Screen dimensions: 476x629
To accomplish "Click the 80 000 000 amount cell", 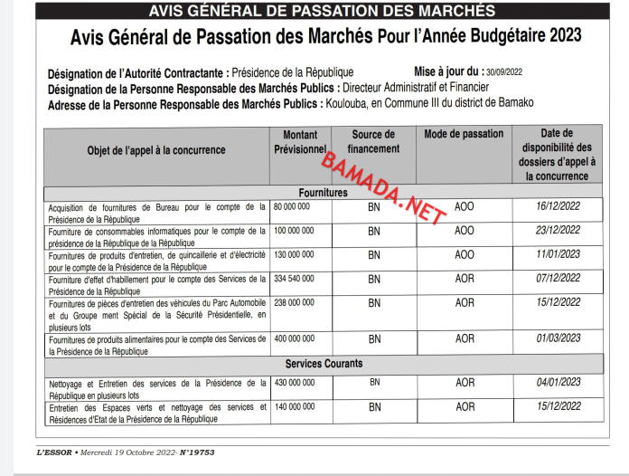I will (x=292, y=207).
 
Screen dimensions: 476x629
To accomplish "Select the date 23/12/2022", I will (x=558, y=231).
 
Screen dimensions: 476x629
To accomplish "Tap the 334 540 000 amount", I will (x=295, y=280).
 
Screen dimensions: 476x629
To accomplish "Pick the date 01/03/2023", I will (x=558, y=338).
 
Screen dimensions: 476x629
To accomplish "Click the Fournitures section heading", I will (x=323, y=193).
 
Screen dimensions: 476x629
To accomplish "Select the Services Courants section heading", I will (x=323, y=364).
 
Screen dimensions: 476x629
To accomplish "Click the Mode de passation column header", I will (x=464, y=134).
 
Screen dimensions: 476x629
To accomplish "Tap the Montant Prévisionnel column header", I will (x=299, y=140).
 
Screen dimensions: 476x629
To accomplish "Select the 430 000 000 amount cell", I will (x=295, y=383).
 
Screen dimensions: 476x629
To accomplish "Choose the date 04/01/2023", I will (x=558, y=383).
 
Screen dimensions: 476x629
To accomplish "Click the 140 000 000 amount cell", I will (x=295, y=406).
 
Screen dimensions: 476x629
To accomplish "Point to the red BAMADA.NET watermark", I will (x=384, y=189).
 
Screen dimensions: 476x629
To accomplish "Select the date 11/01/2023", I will (x=558, y=255).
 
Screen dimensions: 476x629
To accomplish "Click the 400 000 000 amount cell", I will (x=295, y=338).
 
